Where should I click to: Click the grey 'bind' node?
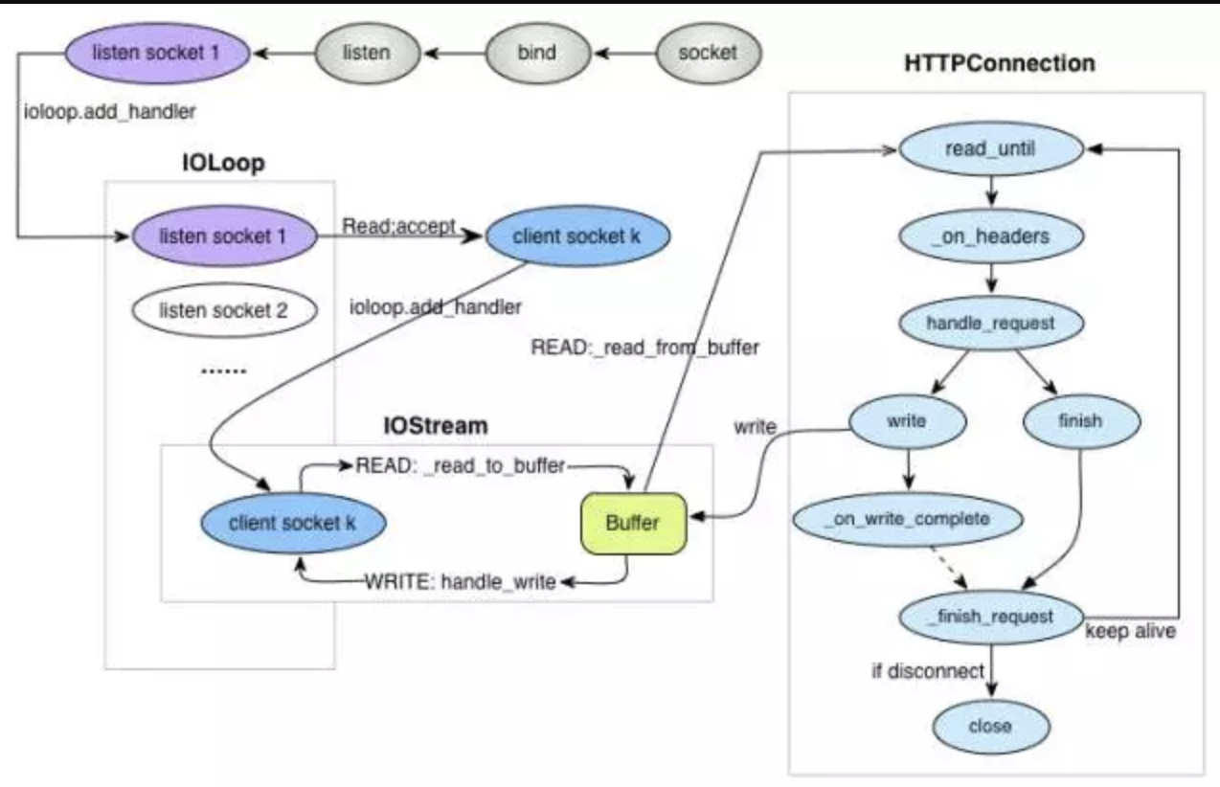[537, 54]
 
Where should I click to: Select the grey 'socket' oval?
[709, 54]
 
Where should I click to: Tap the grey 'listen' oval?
[367, 54]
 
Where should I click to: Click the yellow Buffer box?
[633, 524]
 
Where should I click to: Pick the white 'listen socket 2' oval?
[224, 310]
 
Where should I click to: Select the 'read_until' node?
[991, 148]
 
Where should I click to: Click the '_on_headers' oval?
[991, 236]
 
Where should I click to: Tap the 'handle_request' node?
[991, 324]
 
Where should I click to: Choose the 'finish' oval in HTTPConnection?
[1082, 421]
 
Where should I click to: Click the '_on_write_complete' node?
[908, 519]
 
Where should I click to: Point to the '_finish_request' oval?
[991, 618]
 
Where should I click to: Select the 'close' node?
[991, 727]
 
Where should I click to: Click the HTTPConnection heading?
[1000, 64]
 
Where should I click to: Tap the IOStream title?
[436, 426]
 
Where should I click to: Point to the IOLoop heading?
[224, 163]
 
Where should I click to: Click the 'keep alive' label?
[1131, 631]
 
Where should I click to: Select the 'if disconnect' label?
[928, 671]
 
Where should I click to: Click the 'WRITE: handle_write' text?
[461, 582]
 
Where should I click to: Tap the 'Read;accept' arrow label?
[398, 226]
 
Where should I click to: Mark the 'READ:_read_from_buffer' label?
[644, 348]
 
